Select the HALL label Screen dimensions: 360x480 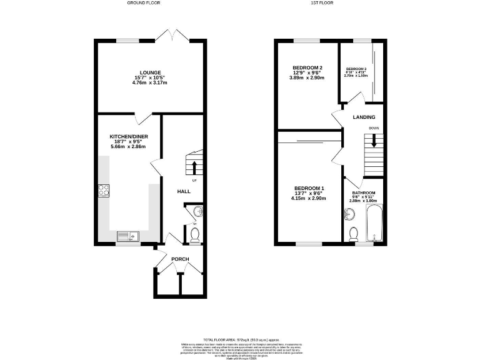tap(184, 191)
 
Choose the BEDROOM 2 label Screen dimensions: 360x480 tap(307, 67)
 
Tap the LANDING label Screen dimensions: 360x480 tap(364, 117)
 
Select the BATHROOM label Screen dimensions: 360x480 tap(363, 192)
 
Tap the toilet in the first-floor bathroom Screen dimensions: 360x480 tap(353, 234)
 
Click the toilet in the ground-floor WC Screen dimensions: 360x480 tap(194, 234)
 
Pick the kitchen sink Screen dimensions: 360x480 tap(127, 236)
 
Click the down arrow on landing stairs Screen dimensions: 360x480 tap(374, 142)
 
